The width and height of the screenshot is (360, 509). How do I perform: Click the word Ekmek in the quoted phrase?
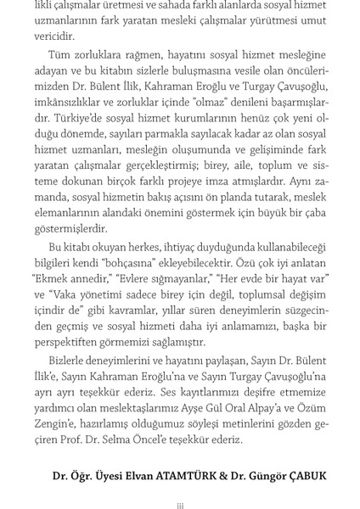coord(52,278)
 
